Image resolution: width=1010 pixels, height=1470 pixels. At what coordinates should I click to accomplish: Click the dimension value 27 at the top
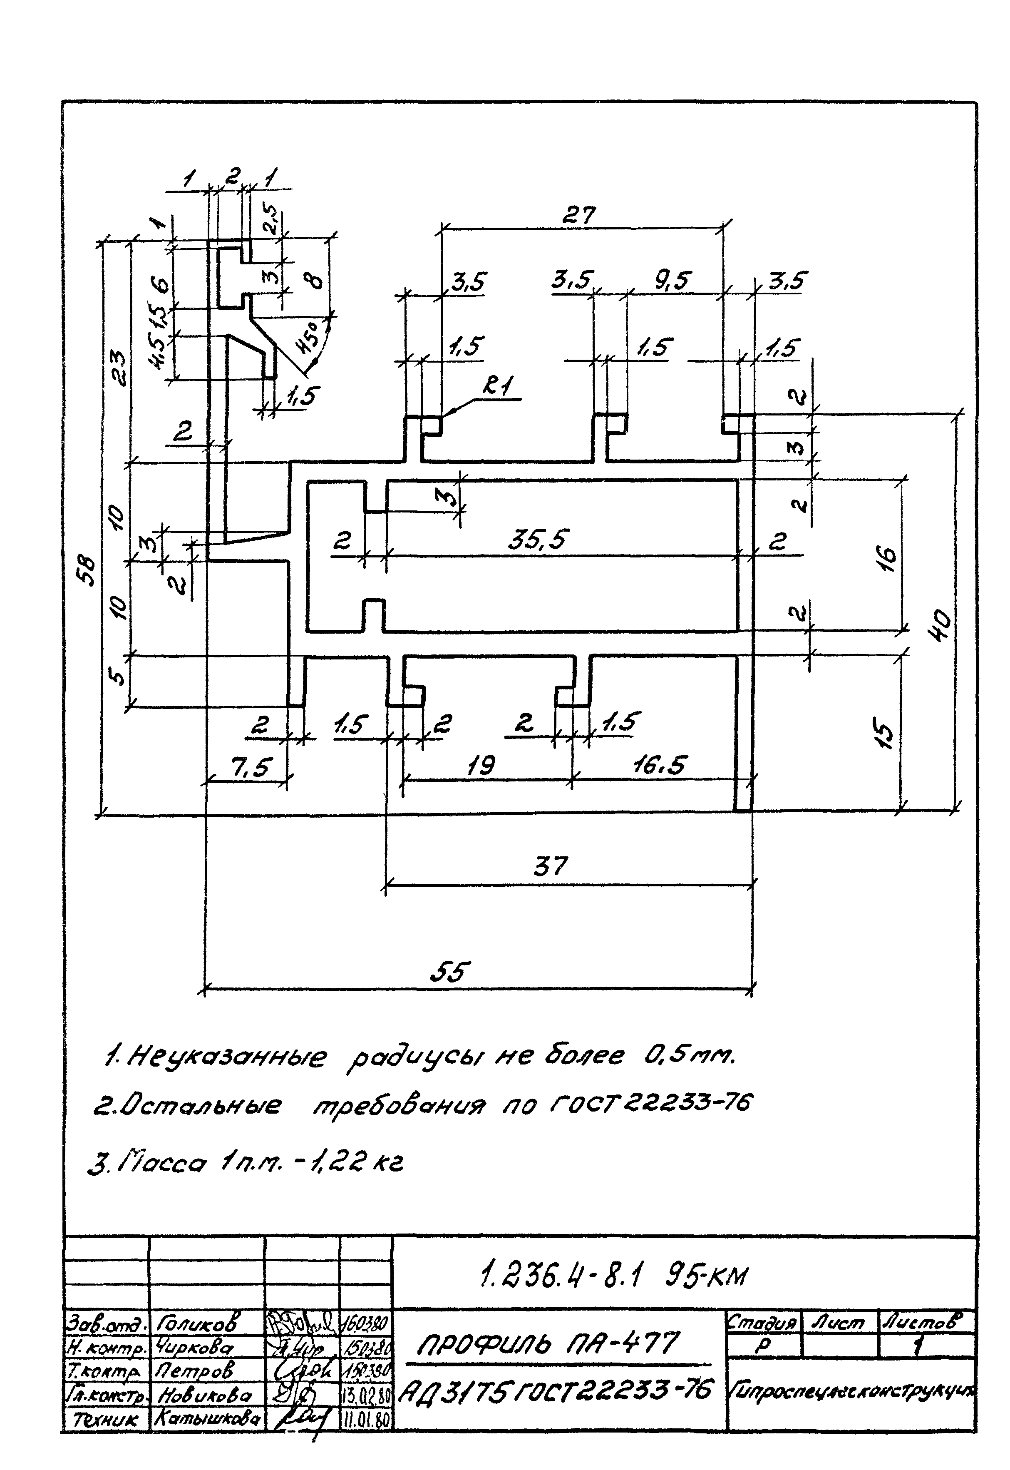(x=578, y=216)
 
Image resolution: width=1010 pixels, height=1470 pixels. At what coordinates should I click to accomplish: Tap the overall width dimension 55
(x=451, y=972)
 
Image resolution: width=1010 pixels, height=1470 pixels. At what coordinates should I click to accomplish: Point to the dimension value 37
(x=551, y=866)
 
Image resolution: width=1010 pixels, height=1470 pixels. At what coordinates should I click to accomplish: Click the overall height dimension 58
(x=89, y=571)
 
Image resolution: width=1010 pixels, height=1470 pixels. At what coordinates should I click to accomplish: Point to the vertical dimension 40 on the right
(x=942, y=626)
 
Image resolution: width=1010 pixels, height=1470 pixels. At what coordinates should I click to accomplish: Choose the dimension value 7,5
(x=251, y=769)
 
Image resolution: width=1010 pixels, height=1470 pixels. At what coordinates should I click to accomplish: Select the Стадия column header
(x=762, y=1322)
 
